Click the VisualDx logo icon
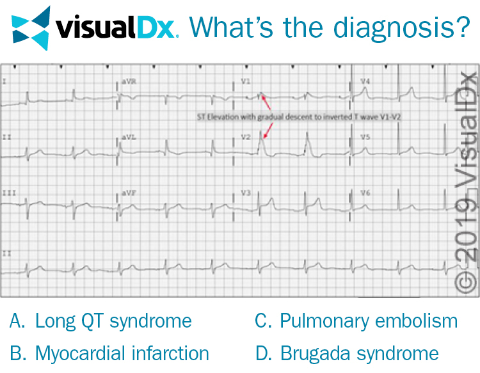(31, 28)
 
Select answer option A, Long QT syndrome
(101, 321)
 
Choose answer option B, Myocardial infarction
(109, 353)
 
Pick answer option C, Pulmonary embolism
(356, 321)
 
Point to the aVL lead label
(129, 137)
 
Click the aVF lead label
(129, 193)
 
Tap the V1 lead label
(246, 82)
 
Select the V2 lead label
(246, 137)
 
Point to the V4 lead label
(365, 82)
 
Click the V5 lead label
(365, 137)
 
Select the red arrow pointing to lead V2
(268, 130)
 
